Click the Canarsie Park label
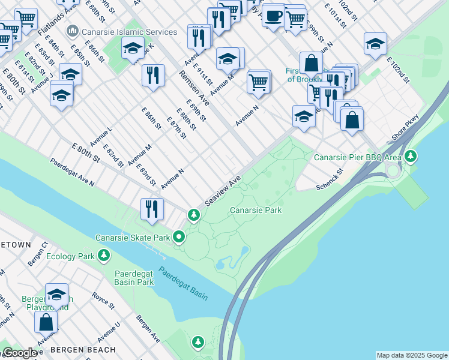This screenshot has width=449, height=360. coord(256,210)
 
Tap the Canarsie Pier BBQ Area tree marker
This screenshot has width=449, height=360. coord(411,157)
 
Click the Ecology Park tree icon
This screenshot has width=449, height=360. coord(104,256)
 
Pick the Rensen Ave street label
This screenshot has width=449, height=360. coord(193,86)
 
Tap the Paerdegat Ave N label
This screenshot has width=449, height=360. coord(72,173)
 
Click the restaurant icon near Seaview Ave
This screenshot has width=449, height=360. coord(152,209)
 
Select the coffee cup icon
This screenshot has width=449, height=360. coord(274,16)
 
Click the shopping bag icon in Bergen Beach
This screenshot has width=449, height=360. coord(46,322)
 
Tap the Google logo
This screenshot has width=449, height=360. coord(19,353)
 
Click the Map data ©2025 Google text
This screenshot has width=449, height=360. coord(411,355)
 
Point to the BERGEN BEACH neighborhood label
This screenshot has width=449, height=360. coord(83,349)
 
